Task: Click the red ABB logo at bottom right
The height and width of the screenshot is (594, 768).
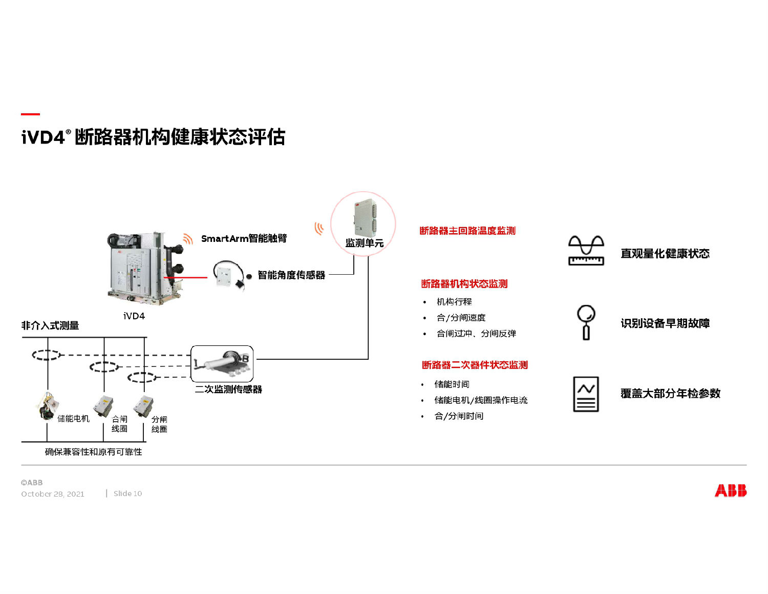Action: [x=730, y=490]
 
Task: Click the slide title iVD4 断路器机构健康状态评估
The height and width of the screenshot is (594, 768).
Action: [x=153, y=137]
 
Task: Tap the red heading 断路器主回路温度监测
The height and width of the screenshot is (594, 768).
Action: [x=467, y=231]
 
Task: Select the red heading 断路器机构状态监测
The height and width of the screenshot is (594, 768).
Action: [x=464, y=284]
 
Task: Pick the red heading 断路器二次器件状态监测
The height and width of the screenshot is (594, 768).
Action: [x=474, y=365]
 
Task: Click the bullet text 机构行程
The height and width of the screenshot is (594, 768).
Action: [x=454, y=302]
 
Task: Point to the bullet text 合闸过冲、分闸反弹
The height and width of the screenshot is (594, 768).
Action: [x=476, y=334]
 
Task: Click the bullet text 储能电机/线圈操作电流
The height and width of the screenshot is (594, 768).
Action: [x=480, y=400]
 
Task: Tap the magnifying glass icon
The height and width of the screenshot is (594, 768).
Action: [x=586, y=321]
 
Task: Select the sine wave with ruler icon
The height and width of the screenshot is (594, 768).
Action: [x=586, y=250]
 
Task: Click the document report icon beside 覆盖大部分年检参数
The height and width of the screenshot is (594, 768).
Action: [x=586, y=394]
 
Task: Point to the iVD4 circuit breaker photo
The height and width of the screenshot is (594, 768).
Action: [x=143, y=268]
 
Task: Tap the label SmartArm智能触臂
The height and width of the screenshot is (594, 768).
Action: [x=244, y=238]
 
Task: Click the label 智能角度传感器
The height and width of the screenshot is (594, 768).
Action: [x=291, y=275]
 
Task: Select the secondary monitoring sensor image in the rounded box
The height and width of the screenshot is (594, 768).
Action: [x=222, y=362]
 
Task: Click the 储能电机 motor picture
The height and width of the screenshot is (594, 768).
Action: [x=47, y=406]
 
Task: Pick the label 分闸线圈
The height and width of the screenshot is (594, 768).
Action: [x=159, y=424]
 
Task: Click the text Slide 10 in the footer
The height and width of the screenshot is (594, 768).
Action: [x=127, y=494]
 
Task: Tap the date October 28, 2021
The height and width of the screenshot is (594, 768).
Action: [x=53, y=494]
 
